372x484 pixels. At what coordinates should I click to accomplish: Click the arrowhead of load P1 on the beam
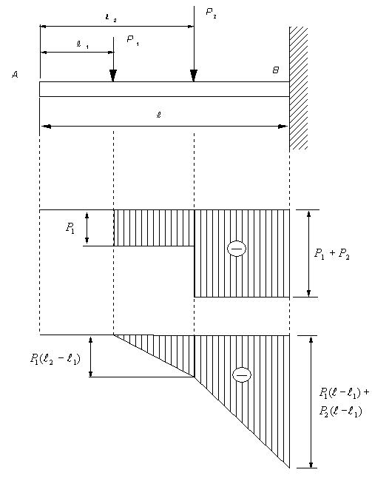[113, 75]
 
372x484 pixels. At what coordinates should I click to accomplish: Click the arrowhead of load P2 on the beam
[194, 75]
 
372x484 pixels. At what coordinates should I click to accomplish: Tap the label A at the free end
[15, 75]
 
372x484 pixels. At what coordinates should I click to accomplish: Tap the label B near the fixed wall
[276, 70]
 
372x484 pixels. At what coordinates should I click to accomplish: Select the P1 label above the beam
[133, 40]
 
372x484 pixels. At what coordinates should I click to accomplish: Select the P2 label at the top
[211, 13]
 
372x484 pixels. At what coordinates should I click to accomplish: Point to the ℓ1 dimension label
[82, 44]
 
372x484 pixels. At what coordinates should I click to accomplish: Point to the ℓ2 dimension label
[111, 18]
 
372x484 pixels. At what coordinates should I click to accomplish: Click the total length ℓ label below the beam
[159, 115]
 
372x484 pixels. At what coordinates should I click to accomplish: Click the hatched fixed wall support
[299, 88]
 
